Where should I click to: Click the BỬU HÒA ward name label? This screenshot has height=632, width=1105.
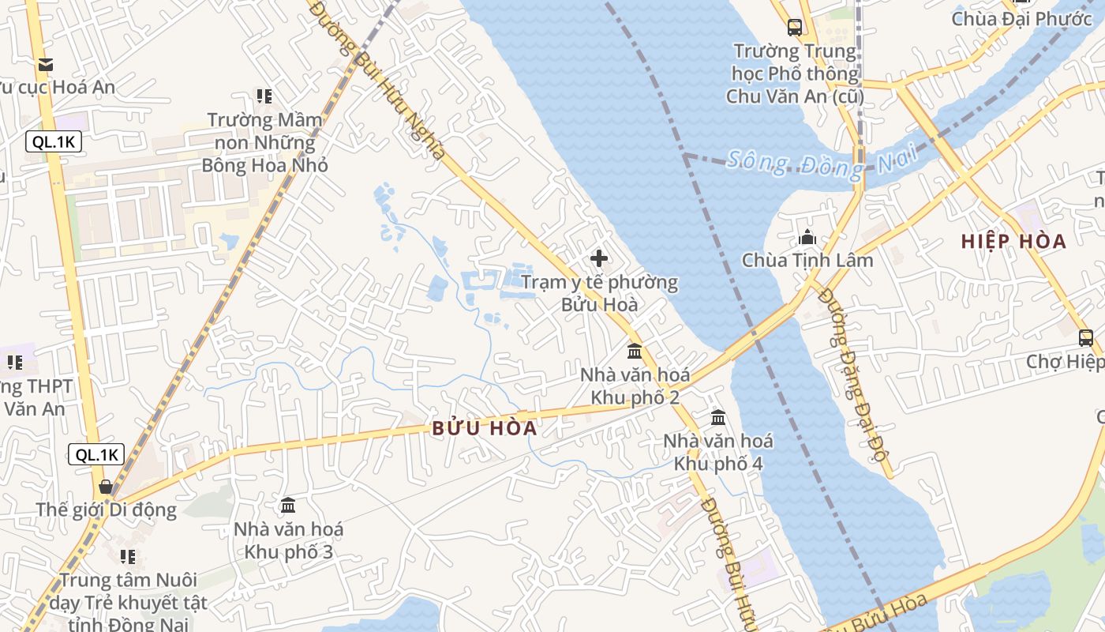[485, 428]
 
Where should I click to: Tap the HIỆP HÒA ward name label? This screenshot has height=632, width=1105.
[1013, 242]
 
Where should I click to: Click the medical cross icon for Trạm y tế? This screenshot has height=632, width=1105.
[599, 258]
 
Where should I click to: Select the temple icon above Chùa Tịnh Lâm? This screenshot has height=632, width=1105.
[807, 237]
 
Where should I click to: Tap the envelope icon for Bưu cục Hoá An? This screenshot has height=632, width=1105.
[46, 64]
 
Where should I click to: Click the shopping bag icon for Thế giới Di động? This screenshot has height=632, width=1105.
[106, 486]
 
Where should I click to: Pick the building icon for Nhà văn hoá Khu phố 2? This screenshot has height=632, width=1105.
[635, 351]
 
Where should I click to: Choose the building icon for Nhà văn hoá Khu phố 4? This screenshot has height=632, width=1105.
[718, 417]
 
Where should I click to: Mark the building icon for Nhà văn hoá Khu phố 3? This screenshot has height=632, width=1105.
[288, 505]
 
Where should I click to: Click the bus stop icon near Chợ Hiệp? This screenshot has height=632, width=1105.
[1086, 338]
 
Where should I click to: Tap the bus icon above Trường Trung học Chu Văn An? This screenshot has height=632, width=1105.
[795, 28]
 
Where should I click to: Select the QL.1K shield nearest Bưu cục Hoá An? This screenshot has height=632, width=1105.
[54, 142]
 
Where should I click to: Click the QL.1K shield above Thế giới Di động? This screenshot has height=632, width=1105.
[96, 454]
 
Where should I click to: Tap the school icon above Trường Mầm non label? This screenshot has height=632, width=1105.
[264, 96]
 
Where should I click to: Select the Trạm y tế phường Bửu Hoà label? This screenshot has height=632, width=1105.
[599, 293]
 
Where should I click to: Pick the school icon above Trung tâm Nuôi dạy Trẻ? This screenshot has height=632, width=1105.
[128, 557]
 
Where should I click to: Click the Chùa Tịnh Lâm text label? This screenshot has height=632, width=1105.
[807, 261]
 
